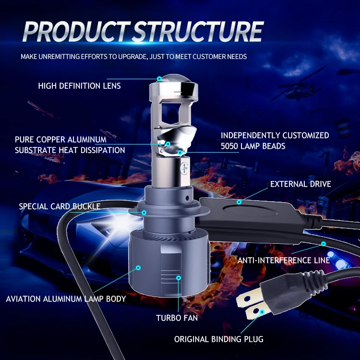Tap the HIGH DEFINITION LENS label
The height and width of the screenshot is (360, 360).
tap(79, 86)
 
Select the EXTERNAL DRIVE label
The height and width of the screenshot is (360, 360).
tap(300, 184)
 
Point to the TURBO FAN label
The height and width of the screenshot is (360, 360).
tap(177, 318)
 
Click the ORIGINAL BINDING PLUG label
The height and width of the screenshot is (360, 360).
tap(218, 339)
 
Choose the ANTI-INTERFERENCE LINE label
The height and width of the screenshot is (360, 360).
tap(284, 260)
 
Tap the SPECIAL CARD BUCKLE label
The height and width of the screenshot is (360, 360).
tap(60, 206)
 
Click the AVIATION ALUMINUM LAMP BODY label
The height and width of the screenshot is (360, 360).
tap(66, 299)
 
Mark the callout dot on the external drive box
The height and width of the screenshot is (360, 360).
tap(239, 202)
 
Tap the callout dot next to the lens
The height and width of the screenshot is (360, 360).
tap(159, 78)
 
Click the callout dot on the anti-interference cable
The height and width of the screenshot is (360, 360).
tap(324, 244)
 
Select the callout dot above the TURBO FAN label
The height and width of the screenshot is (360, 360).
tap(179, 278)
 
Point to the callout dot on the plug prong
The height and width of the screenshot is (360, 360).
tap(262, 312)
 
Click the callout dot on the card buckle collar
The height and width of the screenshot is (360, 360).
tap(144, 212)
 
